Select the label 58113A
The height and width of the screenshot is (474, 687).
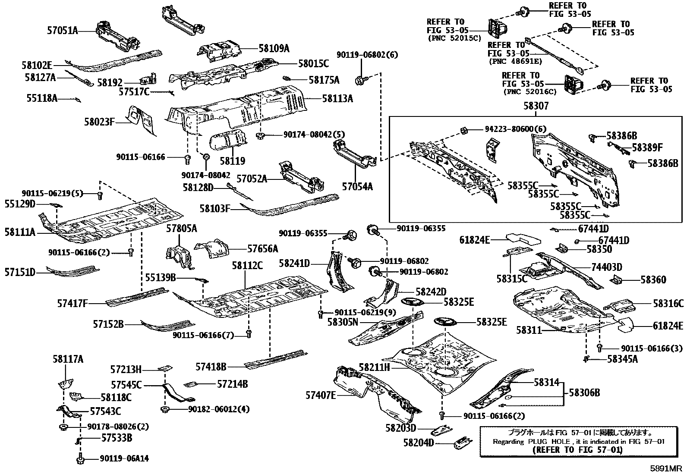pos(337,99)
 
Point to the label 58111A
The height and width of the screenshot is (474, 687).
pos(20,232)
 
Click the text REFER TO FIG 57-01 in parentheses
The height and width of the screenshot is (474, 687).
pos(577,450)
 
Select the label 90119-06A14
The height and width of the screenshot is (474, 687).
pos(124,459)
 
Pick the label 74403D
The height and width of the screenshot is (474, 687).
pos(606,267)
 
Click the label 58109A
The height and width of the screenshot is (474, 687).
pos(274,49)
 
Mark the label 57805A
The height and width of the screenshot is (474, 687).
pos(181,229)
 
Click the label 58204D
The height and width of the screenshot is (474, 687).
pos(418,443)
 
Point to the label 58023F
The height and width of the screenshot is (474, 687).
pos(99,122)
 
